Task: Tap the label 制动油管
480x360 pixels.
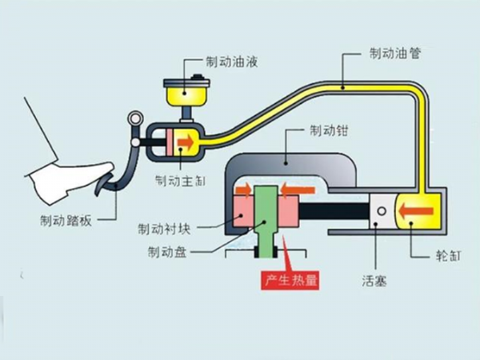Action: tap(395, 54)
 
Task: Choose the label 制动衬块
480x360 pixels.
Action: tap(164, 228)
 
